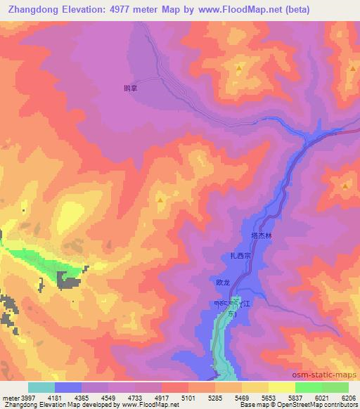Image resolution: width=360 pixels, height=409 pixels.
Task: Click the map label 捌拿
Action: point(129,89)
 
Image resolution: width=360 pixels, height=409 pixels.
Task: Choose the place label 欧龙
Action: point(224,283)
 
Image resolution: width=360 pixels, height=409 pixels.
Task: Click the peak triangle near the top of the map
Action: point(238,69)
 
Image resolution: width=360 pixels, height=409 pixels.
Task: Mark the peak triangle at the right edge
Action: point(346,186)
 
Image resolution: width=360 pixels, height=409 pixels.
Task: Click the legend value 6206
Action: point(349,398)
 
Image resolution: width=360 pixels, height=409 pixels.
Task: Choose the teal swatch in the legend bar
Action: point(41,387)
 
